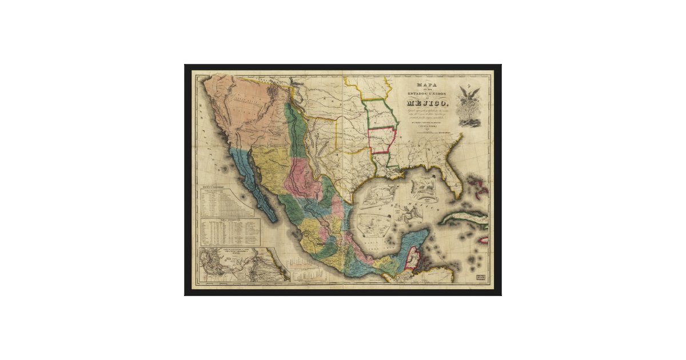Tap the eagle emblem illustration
tap(473, 106)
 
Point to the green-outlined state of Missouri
tap(380, 114)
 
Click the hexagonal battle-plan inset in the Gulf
tap(423, 186)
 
